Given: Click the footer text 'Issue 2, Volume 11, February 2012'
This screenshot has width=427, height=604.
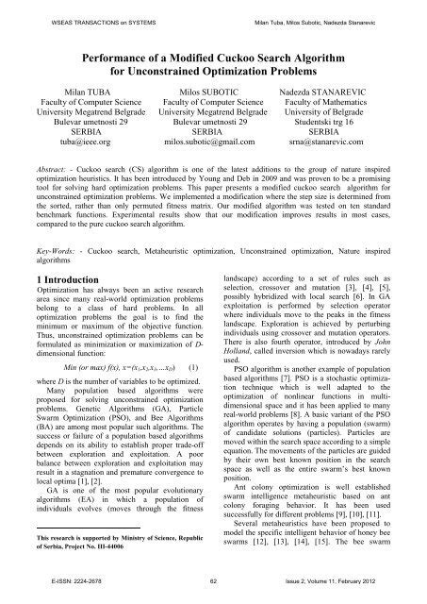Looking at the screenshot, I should pos(343,587).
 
